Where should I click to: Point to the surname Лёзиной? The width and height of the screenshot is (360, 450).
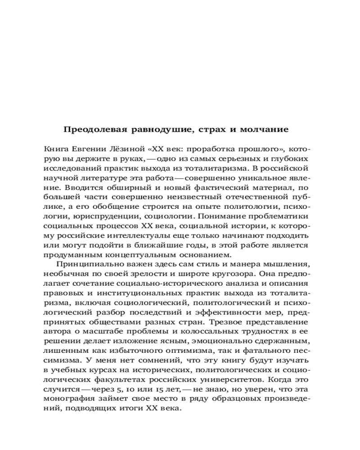pyautogui.click(x=130, y=149)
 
